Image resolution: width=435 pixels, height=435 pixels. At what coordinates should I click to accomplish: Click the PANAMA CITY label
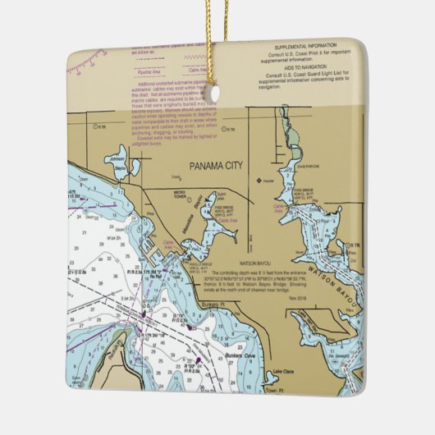[217, 166]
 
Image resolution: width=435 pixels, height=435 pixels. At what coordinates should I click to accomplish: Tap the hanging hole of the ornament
[215, 94]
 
